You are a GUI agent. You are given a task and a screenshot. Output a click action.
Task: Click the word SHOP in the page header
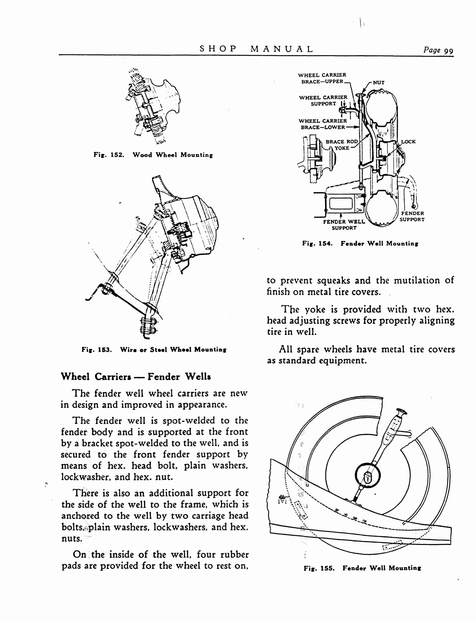click(218, 49)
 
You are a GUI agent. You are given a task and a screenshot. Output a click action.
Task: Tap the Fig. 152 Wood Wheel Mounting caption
click(153, 155)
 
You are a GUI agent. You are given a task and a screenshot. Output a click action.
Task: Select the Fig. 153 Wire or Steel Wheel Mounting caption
click(154, 350)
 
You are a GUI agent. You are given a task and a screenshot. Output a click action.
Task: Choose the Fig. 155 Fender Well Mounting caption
click(362, 568)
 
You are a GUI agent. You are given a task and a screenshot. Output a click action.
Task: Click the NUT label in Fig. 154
click(378, 83)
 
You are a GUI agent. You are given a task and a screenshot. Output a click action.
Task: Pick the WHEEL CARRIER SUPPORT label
click(323, 100)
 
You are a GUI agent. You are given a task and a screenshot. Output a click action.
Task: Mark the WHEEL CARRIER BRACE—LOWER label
click(323, 124)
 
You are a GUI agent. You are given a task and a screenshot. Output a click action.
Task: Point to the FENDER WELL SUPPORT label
click(344, 225)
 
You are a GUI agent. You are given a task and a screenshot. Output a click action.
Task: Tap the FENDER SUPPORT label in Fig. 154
click(412, 216)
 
